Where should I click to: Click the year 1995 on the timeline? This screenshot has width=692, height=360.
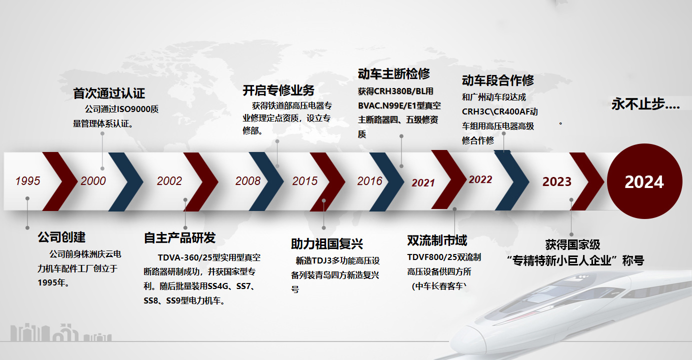point(28,181)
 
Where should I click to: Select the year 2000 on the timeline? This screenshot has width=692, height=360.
point(93,181)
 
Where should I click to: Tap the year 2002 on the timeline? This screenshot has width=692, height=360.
point(169,181)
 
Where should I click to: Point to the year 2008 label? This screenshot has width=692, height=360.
point(248,181)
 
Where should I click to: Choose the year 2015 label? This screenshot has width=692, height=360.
point(305,181)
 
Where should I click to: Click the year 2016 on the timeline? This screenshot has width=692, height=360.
point(370,181)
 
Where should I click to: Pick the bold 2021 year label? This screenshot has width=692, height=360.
point(423,182)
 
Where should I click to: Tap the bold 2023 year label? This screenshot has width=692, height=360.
point(557,181)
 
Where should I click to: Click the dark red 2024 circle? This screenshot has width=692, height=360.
point(644,181)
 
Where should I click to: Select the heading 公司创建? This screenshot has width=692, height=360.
point(61,237)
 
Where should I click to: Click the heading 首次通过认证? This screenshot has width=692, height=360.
point(109,93)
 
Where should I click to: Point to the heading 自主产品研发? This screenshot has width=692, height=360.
point(180,238)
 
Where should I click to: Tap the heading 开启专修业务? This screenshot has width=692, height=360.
point(278,90)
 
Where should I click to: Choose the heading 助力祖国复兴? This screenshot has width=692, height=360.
point(327,244)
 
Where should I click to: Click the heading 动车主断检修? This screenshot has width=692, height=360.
point(394,74)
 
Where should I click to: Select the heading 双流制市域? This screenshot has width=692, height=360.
point(437,240)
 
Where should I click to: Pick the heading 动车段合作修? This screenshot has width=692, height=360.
point(498,80)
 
